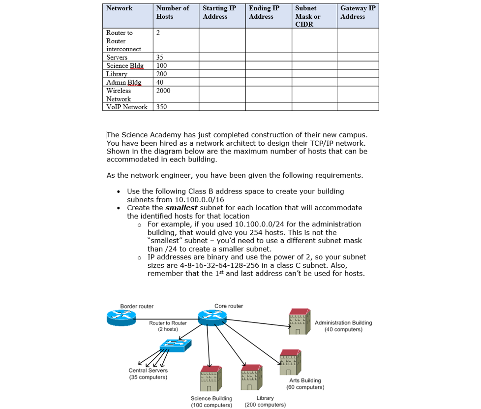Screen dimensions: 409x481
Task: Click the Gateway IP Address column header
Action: [x=358, y=12]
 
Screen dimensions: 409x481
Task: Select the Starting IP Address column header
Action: [x=219, y=12]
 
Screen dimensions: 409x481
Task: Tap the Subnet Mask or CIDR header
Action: [x=307, y=16]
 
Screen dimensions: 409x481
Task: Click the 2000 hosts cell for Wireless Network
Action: [x=163, y=91]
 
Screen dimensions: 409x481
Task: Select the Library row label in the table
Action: [x=117, y=74]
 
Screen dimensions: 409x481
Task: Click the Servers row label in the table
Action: [x=117, y=58]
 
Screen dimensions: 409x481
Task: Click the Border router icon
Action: [x=121, y=318]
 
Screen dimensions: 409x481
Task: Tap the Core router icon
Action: [x=212, y=318]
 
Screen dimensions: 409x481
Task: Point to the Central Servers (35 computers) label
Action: [x=148, y=374]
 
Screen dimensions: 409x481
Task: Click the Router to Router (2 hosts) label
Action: [x=168, y=326]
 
